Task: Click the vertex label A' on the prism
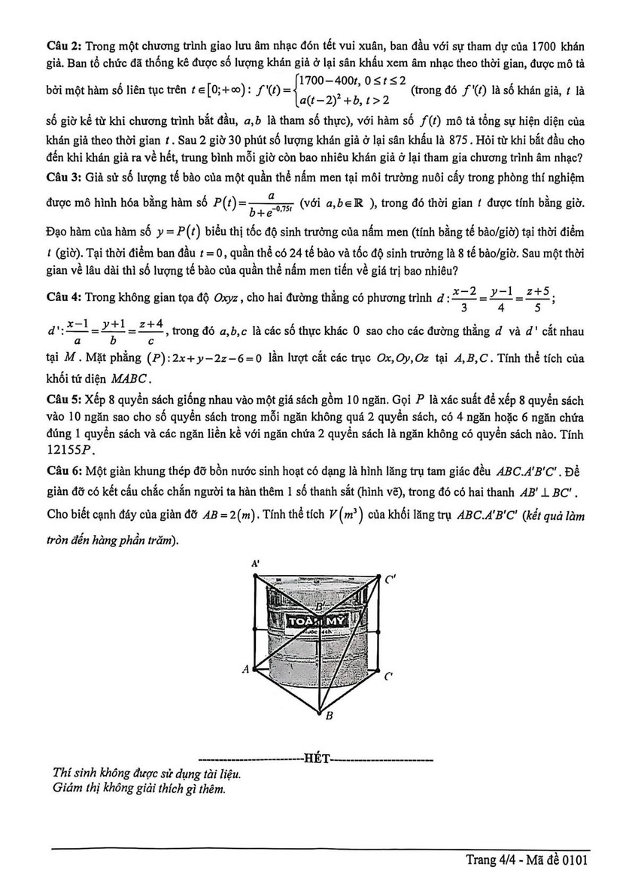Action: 256,563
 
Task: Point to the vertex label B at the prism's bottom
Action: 328,717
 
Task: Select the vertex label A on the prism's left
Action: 245,668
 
